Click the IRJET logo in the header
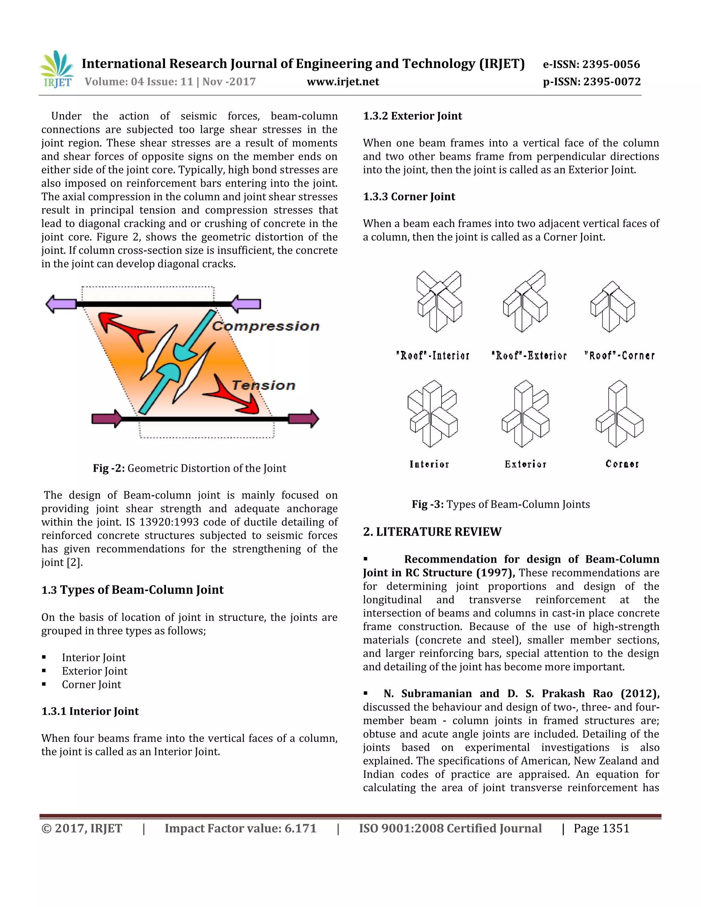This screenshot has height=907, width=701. pyautogui.click(x=57, y=69)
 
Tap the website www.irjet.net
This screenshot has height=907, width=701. pyautogui.click(x=343, y=82)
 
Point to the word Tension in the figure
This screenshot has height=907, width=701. pyautogui.click(x=263, y=385)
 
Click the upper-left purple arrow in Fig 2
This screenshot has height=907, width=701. pyautogui.click(x=61, y=304)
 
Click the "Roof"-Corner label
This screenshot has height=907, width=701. pyautogui.click(x=619, y=356)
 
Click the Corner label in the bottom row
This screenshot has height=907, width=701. pyautogui.click(x=622, y=464)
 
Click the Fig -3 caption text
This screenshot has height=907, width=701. pyautogui.click(x=500, y=504)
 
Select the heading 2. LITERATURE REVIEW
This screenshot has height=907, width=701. pyautogui.click(x=432, y=532)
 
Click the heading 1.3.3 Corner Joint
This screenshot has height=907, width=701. pyautogui.click(x=409, y=196)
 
